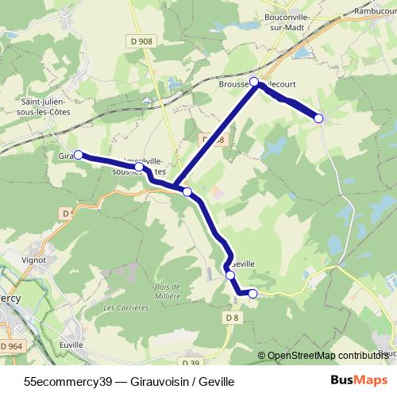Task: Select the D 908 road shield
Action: click(143, 41)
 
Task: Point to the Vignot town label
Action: click(33, 259)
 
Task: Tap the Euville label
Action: click(71, 346)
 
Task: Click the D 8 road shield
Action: click(232, 318)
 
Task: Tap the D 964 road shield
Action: click(12, 346)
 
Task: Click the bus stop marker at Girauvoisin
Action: click(78, 155)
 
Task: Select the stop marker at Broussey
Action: click(255, 82)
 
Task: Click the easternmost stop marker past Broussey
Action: click(318, 118)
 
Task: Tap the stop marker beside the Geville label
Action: click(230, 275)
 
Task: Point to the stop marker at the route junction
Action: click(187, 191)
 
